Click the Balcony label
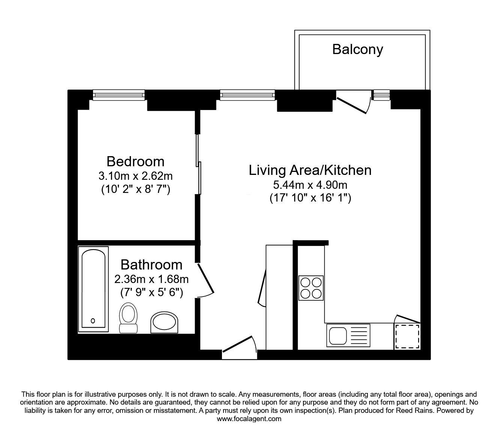coord(357,50)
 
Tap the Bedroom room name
coord(135,161)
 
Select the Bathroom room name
coord(151,265)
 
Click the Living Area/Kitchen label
coord(310,170)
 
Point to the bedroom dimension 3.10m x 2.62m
coord(135,176)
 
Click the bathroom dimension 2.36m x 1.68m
coord(151,279)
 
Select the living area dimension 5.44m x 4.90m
coord(310,185)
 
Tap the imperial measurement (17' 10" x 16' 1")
coord(310,198)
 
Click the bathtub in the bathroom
coord(93,289)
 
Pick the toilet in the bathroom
coord(128,318)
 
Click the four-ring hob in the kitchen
coord(311,288)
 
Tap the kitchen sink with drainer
coord(348,335)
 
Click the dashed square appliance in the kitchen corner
coord(407,336)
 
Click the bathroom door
coord(205,280)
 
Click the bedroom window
coord(118,95)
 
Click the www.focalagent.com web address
coord(249,419)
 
